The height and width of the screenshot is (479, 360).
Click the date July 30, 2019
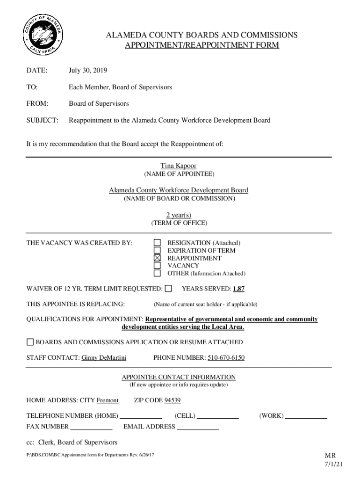point(88,71)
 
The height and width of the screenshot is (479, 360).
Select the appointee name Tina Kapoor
point(179,166)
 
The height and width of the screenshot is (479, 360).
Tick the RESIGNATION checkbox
point(158,243)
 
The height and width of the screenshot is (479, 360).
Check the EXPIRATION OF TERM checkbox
point(158,250)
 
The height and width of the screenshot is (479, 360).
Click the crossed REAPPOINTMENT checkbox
point(158,258)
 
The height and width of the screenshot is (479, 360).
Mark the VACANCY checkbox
point(158,266)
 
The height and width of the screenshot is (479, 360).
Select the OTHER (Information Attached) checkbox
point(158,273)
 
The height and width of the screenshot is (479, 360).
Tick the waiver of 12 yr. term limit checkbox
point(168,288)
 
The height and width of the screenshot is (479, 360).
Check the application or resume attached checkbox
point(30,342)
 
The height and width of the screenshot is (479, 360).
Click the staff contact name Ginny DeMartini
point(104,358)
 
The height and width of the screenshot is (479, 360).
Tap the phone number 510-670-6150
point(226,358)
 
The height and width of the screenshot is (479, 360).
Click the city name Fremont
point(108,400)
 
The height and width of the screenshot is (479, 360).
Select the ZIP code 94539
point(173,400)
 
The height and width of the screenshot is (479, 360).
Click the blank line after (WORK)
point(306,416)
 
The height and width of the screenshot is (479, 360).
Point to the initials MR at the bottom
point(331,456)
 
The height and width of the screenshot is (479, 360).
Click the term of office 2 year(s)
point(179,215)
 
